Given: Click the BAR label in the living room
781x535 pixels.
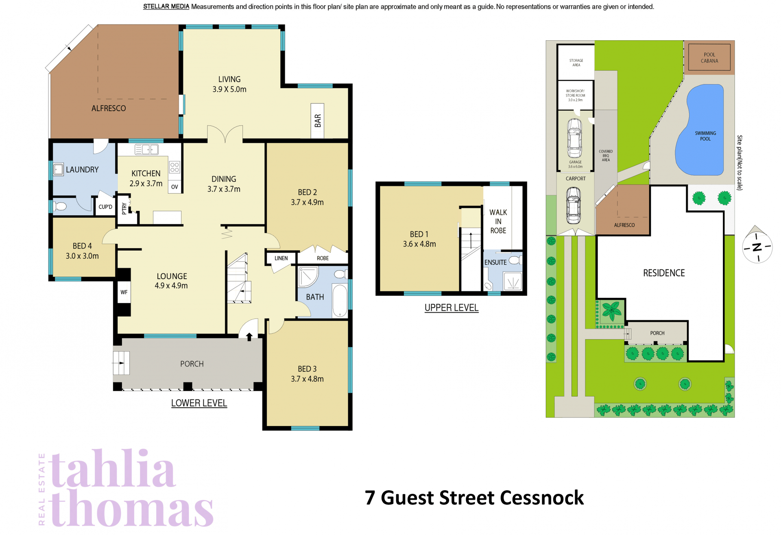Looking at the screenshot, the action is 318,120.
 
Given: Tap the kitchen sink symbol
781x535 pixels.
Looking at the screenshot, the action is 146,149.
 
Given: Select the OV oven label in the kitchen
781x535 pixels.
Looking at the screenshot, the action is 175,187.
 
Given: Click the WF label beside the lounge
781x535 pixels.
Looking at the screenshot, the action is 124,292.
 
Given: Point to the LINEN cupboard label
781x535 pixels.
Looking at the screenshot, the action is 281,258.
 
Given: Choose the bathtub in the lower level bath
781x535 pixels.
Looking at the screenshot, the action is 340,301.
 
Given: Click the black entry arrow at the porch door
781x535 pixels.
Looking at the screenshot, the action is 249,336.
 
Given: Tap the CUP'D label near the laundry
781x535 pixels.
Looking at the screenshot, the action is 105,207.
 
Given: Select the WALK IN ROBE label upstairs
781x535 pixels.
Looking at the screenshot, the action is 498,221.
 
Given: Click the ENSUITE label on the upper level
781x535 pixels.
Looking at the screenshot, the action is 495,262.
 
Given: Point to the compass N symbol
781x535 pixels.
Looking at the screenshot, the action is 757,247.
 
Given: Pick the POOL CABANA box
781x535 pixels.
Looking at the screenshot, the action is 709,57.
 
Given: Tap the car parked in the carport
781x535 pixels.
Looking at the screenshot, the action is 574,205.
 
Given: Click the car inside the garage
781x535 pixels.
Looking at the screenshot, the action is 574,138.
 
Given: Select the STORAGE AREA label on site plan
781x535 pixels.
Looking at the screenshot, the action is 576,63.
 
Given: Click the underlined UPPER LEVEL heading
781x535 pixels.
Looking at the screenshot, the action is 452,308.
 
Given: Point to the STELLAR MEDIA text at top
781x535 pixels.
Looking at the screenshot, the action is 166,7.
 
